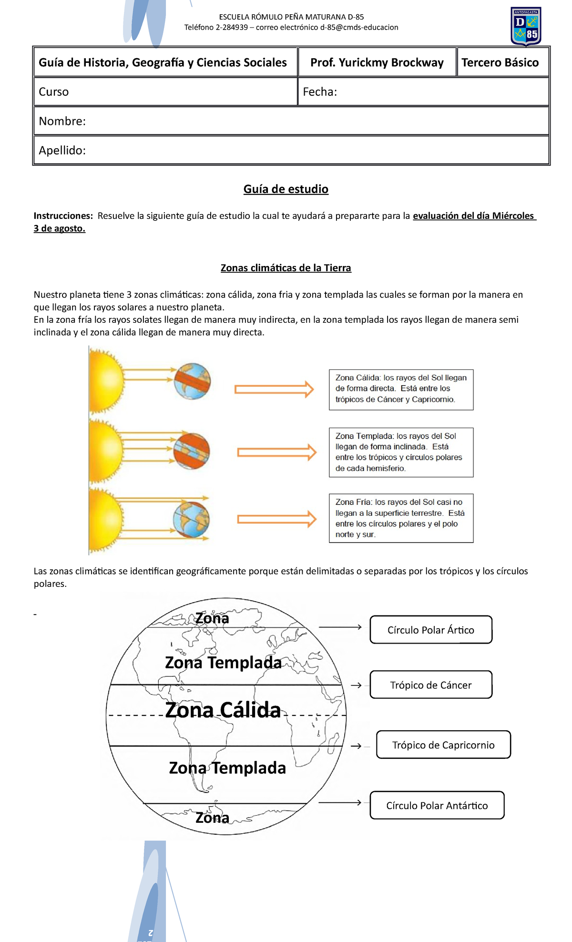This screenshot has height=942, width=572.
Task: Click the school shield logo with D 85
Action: (x=526, y=26)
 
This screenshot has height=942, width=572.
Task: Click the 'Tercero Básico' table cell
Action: (x=500, y=62)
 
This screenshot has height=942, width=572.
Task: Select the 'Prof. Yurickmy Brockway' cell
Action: (x=377, y=62)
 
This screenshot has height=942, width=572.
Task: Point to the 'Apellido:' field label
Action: (x=62, y=150)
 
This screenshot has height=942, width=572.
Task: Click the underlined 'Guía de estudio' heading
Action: (x=286, y=189)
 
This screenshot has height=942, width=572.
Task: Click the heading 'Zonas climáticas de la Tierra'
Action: (x=286, y=268)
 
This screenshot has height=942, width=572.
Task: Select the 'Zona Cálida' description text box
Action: (x=401, y=389)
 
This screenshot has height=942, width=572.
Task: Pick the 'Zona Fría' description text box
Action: (x=401, y=518)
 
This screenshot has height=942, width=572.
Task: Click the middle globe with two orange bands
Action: (x=192, y=451)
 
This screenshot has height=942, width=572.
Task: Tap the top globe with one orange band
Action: (x=192, y=381)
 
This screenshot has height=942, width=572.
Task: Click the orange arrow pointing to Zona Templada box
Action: (x=276, y=452)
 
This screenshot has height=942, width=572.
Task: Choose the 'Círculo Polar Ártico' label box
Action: (x=430, y=630)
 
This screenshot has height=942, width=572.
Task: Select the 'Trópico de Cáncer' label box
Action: (x=430, y=685)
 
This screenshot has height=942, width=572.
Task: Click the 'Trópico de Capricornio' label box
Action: (x=443, y=745)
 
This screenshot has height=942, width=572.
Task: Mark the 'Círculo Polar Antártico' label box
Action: (x=437, y=806)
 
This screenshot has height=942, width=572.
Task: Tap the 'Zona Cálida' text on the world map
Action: (x=223, y=710)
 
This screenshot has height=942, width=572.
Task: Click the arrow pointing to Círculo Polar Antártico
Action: (x=340, y=803)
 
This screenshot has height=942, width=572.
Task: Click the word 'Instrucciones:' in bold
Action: (x=63, y=216)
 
